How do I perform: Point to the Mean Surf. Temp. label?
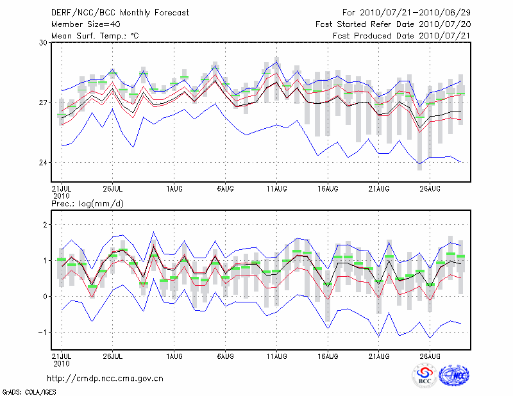tap(95, 36)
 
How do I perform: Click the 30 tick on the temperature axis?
tap(44, 42)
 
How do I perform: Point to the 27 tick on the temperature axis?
tap(44, 103)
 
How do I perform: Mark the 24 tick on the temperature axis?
tap(44, 163)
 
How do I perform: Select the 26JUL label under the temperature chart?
tap(113, 189)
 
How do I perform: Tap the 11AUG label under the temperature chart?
tap(276, 189)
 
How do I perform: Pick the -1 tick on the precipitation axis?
tap(44, 332)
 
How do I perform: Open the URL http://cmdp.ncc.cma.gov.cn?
tap(105, 378)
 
